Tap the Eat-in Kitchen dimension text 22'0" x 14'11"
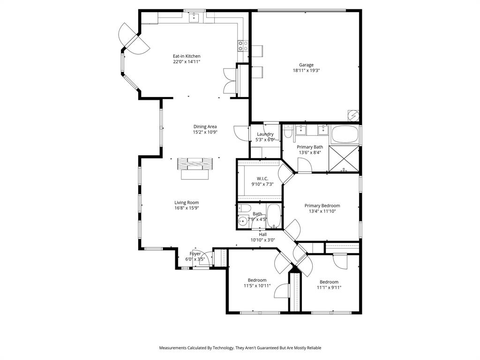click(187, 61)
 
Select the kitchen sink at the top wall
click(194, 18)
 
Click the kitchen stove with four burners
click(243, 45)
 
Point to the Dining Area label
click(205, 127)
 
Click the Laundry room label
click(265, 134)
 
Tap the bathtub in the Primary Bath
click(345, 135)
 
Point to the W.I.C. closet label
click(262, 178)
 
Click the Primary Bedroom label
click(322, 205)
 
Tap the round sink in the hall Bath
click(243, 221)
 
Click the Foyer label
click(195, 254)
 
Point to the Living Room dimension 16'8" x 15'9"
click(187, 208)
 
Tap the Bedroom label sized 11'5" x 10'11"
click(257, 280)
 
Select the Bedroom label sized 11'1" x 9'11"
click(329, 282)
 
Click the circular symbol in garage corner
click(352, 115)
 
